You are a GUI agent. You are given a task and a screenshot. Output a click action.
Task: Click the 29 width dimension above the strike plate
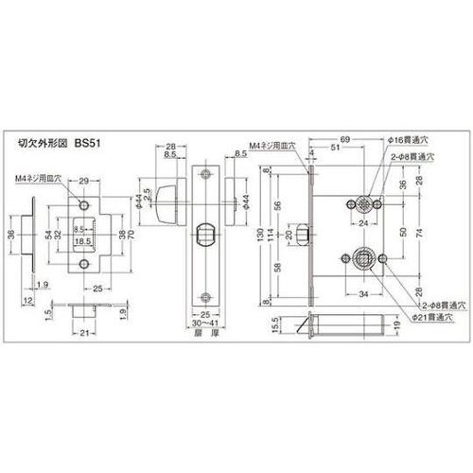[x=85, y=179]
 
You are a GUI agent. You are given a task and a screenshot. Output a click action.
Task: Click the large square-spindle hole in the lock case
[x=362, y=257]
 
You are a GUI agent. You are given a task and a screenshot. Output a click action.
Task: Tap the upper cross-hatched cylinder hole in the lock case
[x=363, y=203]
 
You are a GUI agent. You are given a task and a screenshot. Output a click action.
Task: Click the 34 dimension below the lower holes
[x=363, y=291]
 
